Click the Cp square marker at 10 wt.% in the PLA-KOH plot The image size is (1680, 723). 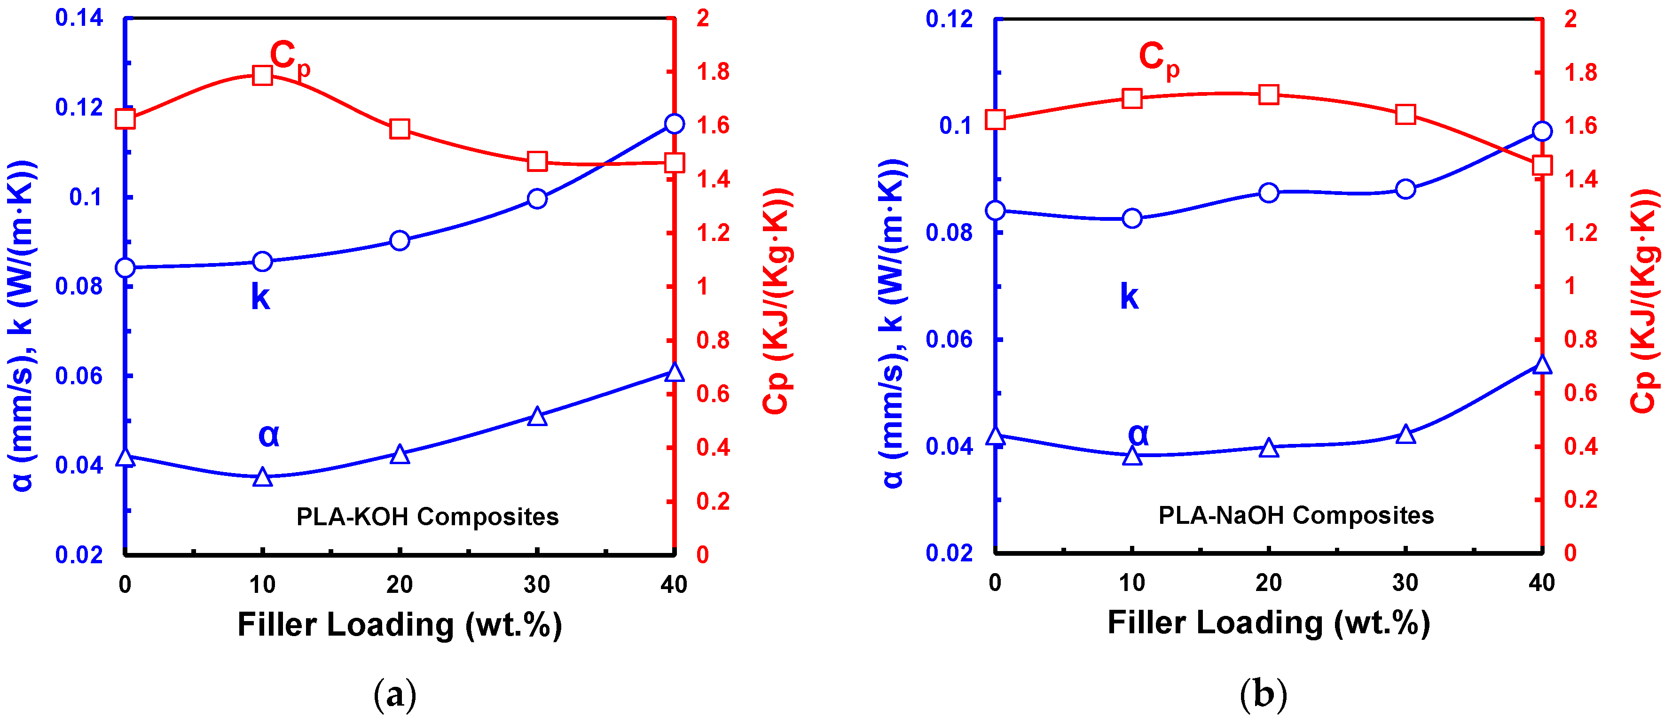pos(262,76)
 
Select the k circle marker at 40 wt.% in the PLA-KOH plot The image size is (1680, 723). pos(674,124)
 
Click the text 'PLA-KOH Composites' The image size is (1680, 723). pos(427,516)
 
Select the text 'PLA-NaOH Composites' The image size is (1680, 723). pos(1296,515)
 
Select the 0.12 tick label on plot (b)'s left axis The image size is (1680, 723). pos(949,19)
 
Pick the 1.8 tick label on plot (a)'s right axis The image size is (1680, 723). pos(712,72)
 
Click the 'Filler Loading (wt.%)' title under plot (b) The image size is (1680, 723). pos(1269,622)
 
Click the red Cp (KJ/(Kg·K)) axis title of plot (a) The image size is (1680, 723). pos(777,301)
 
